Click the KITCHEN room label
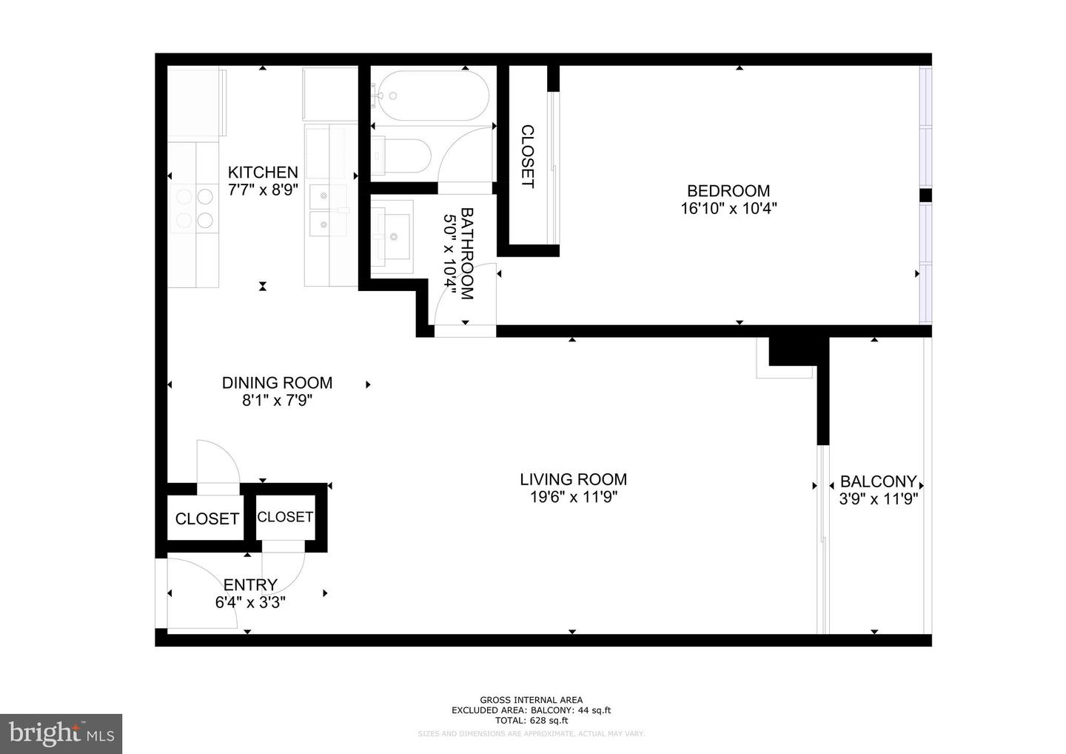click(x=263, y=172)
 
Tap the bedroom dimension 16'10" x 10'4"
click(x=728, y=209)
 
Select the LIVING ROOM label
click(x=573, y=479)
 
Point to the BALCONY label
click(x=878, y=481)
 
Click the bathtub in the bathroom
click(x=430, y=95)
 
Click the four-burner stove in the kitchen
click(x=195, y=208)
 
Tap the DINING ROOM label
click(x=277, y=383)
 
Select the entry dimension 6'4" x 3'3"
click(x=250, y=603)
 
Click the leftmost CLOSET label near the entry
click(x=207, y=518)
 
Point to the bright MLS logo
click(x=61, y=734)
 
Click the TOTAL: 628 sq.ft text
click(x=531, y=720)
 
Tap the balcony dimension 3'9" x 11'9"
click(x=878, y=499)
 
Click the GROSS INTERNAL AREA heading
click(x=531, y=700)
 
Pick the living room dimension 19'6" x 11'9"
click(x=573, y=498)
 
